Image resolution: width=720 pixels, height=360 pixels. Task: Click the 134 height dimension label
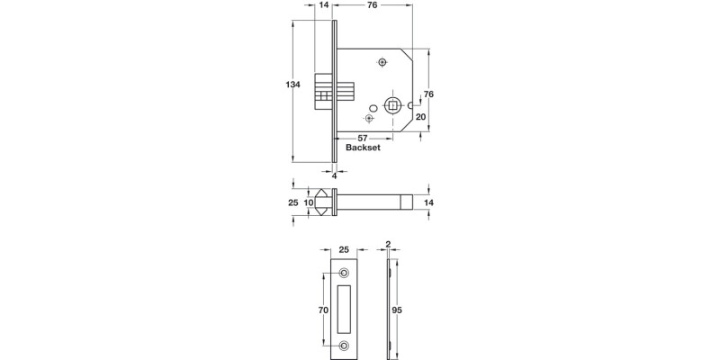(x=292, y=85)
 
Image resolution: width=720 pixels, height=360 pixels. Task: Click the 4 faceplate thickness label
(x=334, y=176)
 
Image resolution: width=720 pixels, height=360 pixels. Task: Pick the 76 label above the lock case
(x=371, y=5)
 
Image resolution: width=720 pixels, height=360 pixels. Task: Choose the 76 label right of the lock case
(x=429, y=94)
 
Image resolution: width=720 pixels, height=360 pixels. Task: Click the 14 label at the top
(x=324, y=5)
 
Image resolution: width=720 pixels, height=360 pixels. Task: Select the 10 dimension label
(x=309, y=204)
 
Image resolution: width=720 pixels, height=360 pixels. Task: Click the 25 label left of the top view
(x=292, y=204)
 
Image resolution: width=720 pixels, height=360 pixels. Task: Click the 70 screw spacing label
(x=324, y=309)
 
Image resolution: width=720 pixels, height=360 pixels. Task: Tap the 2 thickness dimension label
(x=387, y=245)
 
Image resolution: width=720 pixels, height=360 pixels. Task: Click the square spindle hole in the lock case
(x=392, y=106)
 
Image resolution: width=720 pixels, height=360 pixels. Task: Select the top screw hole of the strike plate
(x=344, y=272)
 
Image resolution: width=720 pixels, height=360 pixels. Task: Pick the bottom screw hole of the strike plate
(x=344, y=346)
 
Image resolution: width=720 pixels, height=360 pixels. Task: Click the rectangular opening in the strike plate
(x=344, y=309)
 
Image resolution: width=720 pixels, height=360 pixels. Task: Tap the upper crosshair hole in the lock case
(x=382, y=62)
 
